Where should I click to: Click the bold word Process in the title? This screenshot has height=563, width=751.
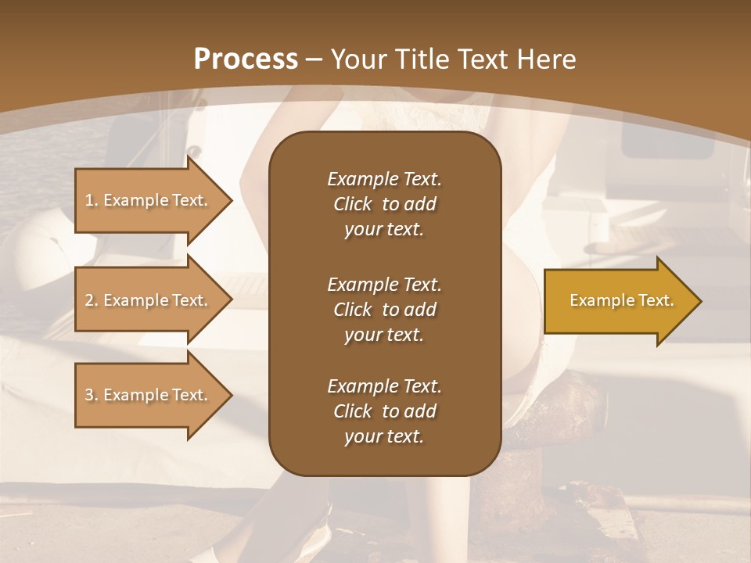point(246,59)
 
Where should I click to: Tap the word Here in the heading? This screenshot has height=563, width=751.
point(545,59)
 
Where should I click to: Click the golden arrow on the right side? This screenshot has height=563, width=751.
point(618,300)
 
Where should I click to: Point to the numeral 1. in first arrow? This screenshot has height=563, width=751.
point(92,200)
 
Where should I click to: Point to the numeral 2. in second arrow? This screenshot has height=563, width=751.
point(92,300)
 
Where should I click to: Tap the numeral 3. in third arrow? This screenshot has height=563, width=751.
point(92,395)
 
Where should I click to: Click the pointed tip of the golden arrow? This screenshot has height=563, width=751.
point(698,301)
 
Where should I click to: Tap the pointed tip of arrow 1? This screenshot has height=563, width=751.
point(229,200)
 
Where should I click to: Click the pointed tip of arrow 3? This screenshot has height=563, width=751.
point(229,395)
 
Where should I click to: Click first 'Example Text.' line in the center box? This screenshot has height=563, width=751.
point(384,179)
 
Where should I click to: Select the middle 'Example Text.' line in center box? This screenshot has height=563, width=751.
point(384,285)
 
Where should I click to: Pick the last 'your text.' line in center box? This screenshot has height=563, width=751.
point(384,437)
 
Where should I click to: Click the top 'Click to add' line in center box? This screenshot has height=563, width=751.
point(384,204)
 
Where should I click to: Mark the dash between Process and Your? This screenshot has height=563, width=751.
point(314,59)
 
